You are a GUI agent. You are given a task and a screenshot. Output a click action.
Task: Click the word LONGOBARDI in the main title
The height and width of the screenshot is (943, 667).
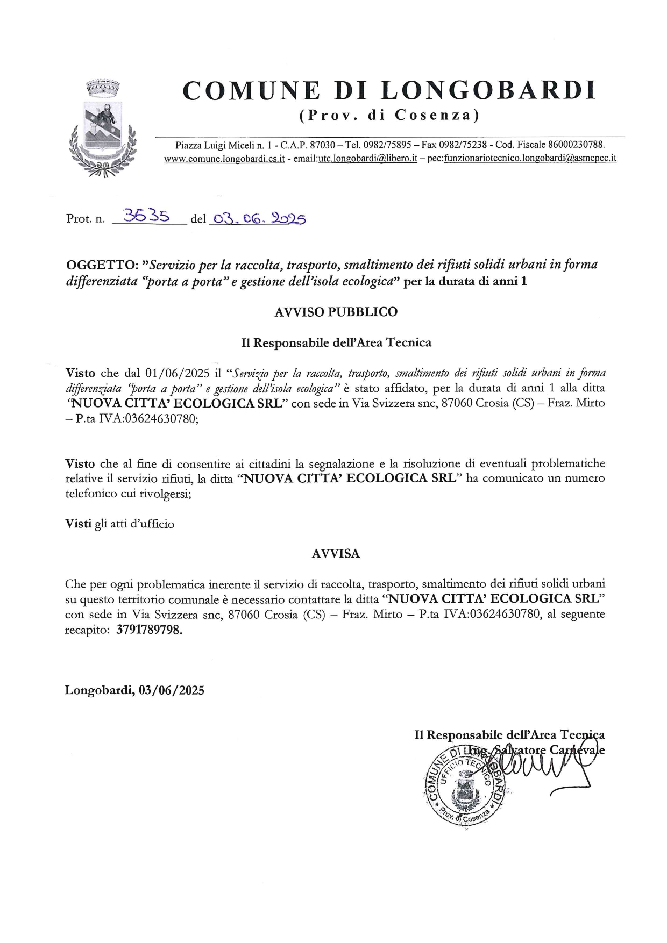[x=488, y=90]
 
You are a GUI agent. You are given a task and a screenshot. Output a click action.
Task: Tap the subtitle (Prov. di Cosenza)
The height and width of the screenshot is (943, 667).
[x=389, y=115]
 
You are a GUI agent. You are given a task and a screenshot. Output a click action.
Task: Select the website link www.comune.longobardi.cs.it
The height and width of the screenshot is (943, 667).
[x=224, y=159]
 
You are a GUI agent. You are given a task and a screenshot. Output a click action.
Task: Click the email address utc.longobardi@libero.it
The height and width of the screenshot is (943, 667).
[x=368, y=159]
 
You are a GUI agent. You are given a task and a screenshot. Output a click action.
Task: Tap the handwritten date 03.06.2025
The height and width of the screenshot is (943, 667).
[x=257, y=218]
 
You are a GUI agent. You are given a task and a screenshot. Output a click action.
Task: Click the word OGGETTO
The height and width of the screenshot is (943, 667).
[x=100, y=265]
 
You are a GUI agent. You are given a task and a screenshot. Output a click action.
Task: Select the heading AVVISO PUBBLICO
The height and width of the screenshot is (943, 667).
[x=336, y=312]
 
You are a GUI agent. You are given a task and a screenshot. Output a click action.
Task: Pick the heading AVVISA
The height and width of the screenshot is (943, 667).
[x=336, y=554]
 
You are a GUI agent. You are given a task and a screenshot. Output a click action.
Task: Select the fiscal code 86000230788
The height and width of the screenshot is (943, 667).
[x=576, y=145]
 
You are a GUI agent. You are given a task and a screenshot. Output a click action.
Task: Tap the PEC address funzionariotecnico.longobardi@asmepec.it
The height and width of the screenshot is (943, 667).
[x=530, y=159]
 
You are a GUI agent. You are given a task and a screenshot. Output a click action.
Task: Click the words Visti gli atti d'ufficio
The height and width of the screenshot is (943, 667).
[x=119, y=524]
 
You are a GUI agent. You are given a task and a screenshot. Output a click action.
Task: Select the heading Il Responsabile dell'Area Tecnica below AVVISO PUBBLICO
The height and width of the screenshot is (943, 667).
[x=336, y=342]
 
